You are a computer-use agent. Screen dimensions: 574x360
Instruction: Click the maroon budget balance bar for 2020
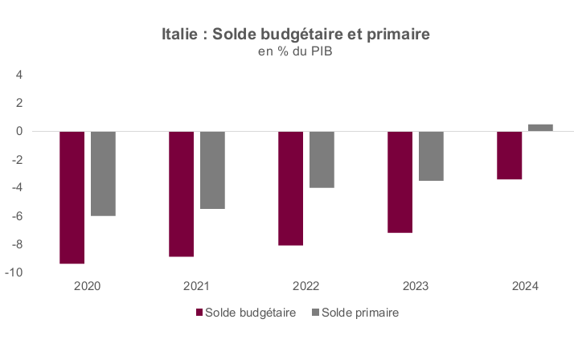(72, 198)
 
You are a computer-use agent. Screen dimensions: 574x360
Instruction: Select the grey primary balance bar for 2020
(103, 174)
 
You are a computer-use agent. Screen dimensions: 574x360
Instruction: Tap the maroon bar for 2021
(181, 194)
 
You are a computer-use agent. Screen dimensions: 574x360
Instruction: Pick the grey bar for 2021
(213, 170)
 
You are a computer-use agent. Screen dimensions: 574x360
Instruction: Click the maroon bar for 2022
(291, 188)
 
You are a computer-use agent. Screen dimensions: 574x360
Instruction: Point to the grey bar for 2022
(322, 160)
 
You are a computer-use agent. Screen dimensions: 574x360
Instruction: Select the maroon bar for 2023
(400, 182)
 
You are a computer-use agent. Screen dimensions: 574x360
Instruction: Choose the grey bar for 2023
(431, 156)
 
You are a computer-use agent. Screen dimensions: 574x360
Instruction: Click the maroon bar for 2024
(510, 155)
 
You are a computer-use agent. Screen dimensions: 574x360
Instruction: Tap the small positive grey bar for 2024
(541, 128)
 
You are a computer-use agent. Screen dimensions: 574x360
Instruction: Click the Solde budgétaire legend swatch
(199, 313)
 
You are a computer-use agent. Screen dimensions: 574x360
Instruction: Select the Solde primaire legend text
(360, 313)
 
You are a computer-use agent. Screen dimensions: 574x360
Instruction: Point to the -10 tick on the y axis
(14, 272)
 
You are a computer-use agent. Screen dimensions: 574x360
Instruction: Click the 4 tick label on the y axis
(19, 75)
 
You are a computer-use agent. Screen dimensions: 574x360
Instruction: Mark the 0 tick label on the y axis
(19, 131)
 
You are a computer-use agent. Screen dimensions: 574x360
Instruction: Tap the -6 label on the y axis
(16, 216)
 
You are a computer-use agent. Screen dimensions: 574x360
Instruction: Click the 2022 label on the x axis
(306, 286)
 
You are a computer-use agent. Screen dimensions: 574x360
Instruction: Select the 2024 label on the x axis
(525, 286)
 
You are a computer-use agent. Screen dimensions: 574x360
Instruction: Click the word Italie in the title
(180, 34)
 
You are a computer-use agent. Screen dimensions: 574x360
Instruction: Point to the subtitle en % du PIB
(295, 51)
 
